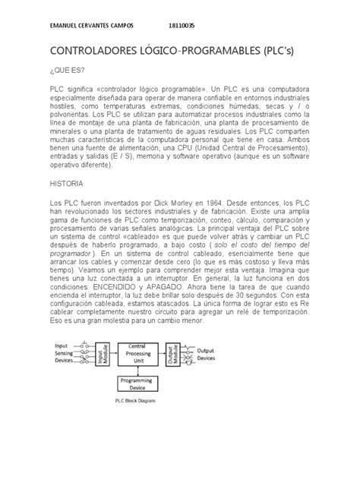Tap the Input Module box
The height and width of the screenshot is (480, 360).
(x=103, y=354)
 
